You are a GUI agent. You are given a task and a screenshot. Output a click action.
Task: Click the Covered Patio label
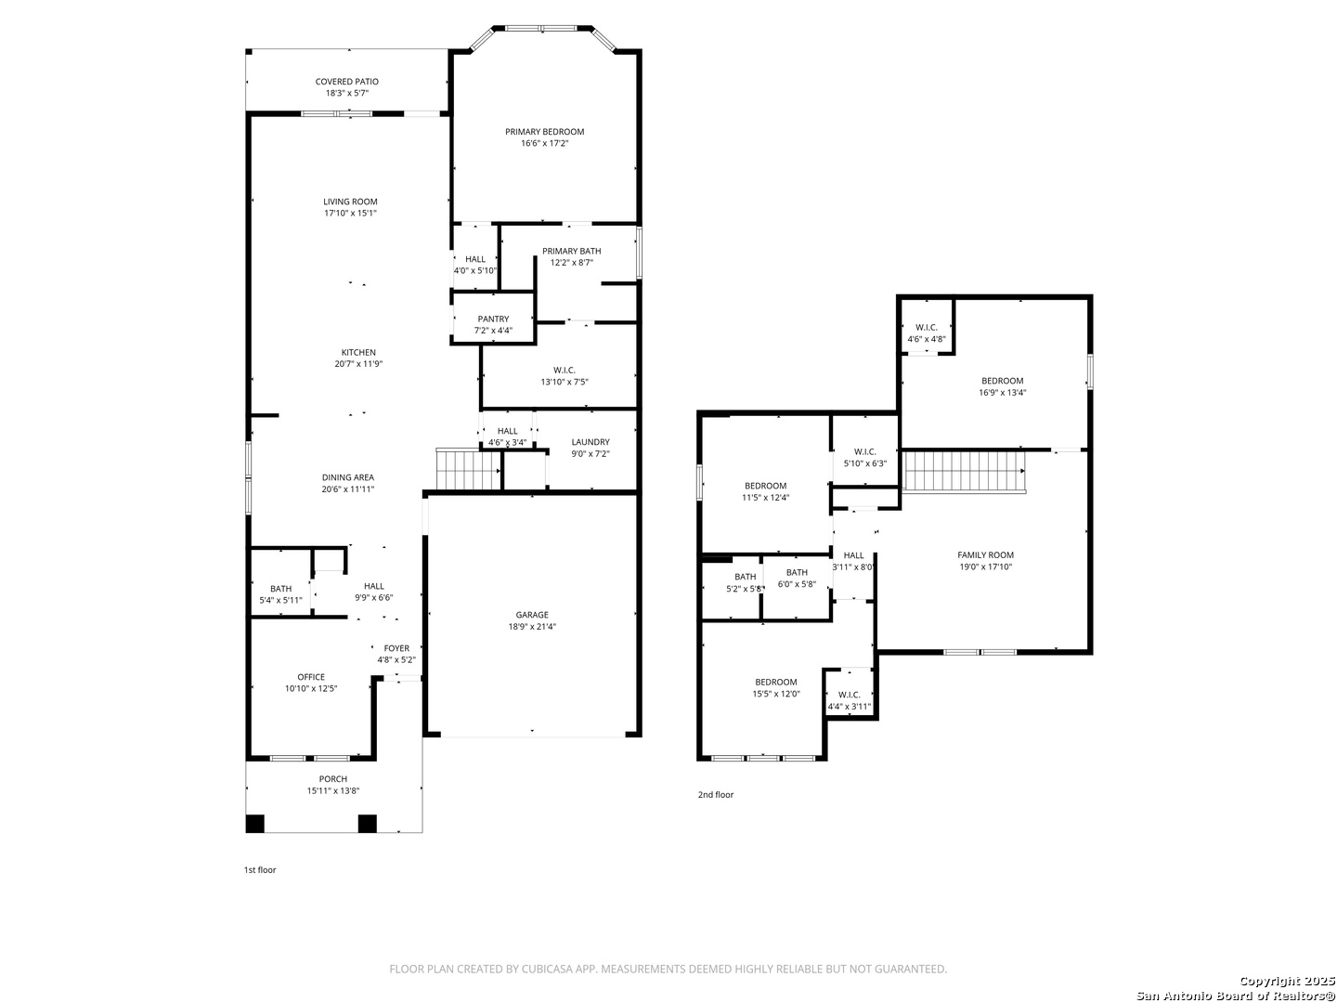(346, 82)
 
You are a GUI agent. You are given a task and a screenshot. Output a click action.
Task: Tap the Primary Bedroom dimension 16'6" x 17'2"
(544, 143)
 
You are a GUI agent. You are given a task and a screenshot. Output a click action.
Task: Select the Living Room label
(350, 202)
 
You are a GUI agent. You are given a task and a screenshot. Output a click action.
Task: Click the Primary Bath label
(571, 251)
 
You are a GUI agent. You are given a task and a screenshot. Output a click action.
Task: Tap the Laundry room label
(591, 442)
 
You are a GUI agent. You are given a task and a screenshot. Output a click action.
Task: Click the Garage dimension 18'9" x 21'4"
(532, 627)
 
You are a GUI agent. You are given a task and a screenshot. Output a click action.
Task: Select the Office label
(311, 677)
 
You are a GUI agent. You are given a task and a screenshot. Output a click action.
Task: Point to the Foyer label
(396, 648)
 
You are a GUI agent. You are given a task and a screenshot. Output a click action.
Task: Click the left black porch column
(255, 824)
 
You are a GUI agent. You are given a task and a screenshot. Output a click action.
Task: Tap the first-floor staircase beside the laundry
(468, 468)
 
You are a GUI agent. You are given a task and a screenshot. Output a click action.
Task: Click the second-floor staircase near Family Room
(965, 471)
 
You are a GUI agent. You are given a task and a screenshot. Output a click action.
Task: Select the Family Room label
(985, 554)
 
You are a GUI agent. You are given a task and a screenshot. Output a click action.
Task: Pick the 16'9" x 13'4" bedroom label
(1003, 381)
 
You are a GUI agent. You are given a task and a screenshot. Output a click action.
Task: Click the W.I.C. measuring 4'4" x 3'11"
(850, 695)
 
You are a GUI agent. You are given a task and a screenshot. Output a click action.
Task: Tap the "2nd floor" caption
(716, 795)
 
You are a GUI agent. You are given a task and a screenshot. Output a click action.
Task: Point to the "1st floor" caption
(260, 869)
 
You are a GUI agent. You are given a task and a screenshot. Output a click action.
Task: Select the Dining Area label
(348, 477)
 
